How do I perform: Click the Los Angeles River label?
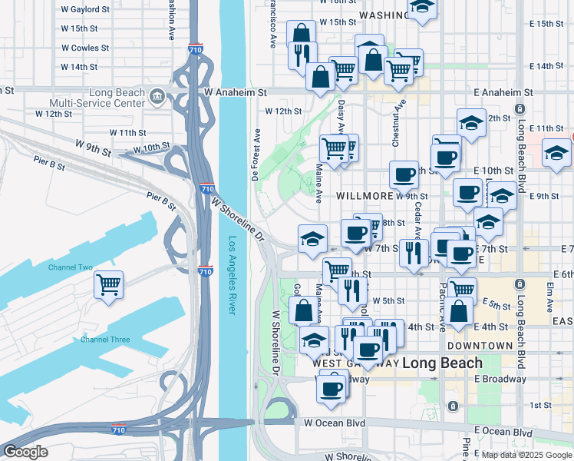coord(232,274)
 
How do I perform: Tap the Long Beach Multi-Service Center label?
coord(97,97)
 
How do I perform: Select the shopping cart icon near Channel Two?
coord(108,285)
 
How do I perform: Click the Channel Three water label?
coord(105,340)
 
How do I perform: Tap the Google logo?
coord(25,452)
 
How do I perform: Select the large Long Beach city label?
coord(443,363)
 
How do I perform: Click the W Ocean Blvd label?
coord(335,423)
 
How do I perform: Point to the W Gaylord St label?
coord(84,11)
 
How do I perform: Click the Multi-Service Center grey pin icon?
coord(157,96)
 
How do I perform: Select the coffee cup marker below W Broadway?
coord(332,388)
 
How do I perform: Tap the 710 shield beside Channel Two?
coord(204,270)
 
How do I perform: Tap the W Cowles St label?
coord(84,48)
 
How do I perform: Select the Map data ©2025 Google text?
coord(526,455)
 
